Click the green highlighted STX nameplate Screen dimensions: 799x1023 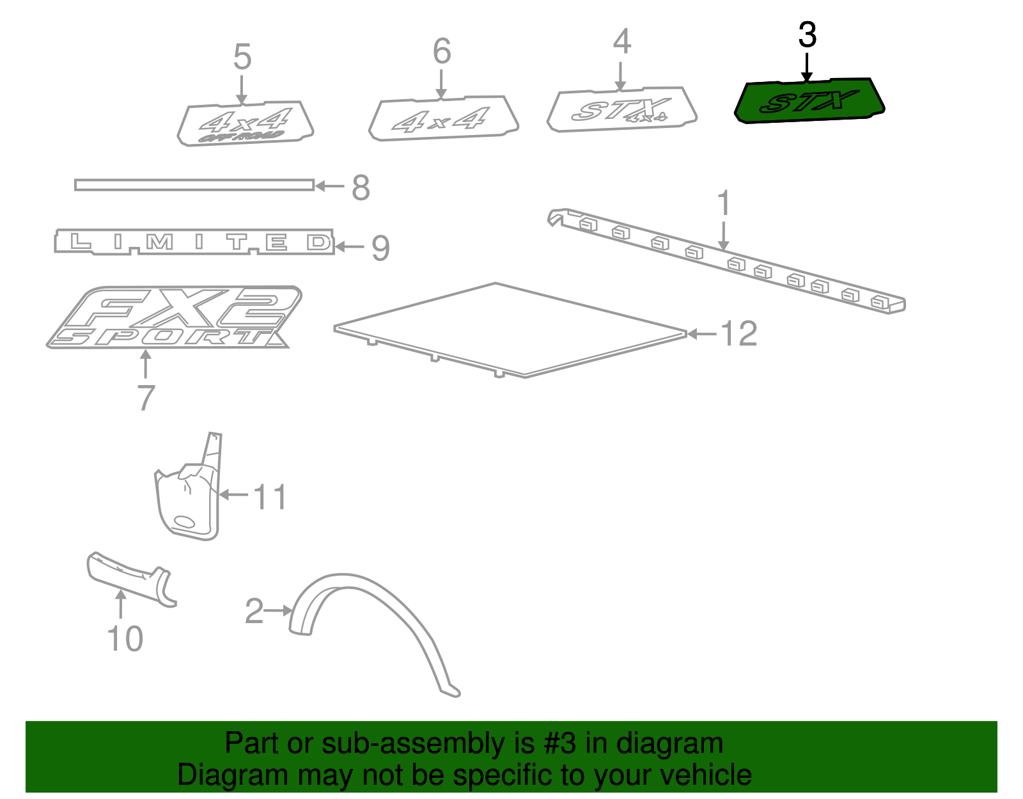809,101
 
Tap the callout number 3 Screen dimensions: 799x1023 807,35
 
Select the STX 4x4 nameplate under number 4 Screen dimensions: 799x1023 621,110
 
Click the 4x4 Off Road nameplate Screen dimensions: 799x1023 245,123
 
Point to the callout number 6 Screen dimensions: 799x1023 442,52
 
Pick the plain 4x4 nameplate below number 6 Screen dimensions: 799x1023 442,118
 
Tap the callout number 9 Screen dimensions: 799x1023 380,248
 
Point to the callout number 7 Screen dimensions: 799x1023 146,398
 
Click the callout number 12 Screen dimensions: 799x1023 738,334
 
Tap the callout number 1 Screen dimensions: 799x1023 723,203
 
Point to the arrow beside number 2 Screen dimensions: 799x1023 278,611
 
